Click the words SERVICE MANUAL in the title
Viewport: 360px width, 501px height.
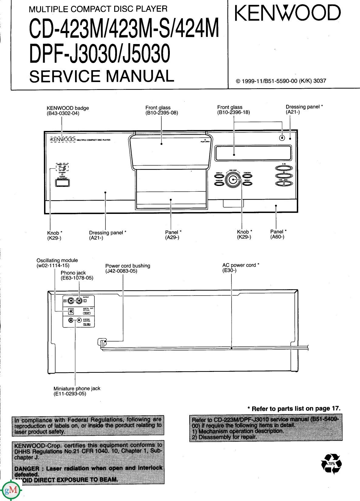tap(101, 76)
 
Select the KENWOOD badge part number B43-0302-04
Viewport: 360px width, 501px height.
tap(63, 114)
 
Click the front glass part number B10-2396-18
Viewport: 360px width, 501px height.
tap(233, 112)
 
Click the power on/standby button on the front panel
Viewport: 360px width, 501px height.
tap(62, 183)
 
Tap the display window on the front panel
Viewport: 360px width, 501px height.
tap(253, 153)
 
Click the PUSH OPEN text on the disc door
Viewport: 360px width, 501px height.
tap(205, 142)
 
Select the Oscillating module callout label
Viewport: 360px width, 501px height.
tap(57, 260)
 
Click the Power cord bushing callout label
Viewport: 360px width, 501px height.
tap(128, 266)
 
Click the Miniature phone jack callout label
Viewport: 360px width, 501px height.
tap(77, 388)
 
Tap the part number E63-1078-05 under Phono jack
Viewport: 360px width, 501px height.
tap(77, 278)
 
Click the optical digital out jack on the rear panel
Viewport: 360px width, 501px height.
tap(70, 311)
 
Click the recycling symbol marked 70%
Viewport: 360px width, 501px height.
tap(331, 464)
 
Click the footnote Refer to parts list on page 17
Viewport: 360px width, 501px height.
tap(294, 409)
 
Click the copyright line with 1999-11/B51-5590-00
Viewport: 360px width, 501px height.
tap(281, 81)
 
